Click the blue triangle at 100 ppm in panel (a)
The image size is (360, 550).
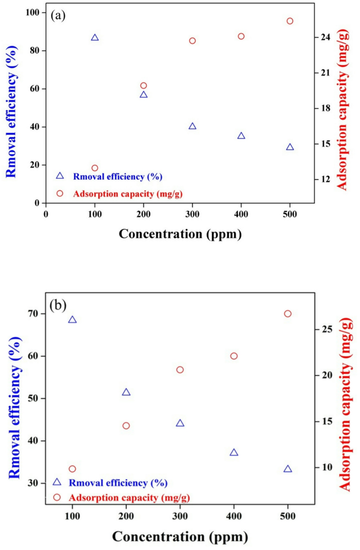95,38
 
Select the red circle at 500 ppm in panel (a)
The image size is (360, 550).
290,21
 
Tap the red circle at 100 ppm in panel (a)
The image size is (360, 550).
95,168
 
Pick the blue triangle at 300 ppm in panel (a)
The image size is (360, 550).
192,127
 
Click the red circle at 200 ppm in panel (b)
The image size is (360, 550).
126,426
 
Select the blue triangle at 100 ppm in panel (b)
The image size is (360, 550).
73,320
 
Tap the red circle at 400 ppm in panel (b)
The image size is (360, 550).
234,356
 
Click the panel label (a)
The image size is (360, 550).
58,15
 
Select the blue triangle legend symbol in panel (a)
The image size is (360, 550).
59,176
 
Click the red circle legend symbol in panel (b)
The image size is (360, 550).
57,497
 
